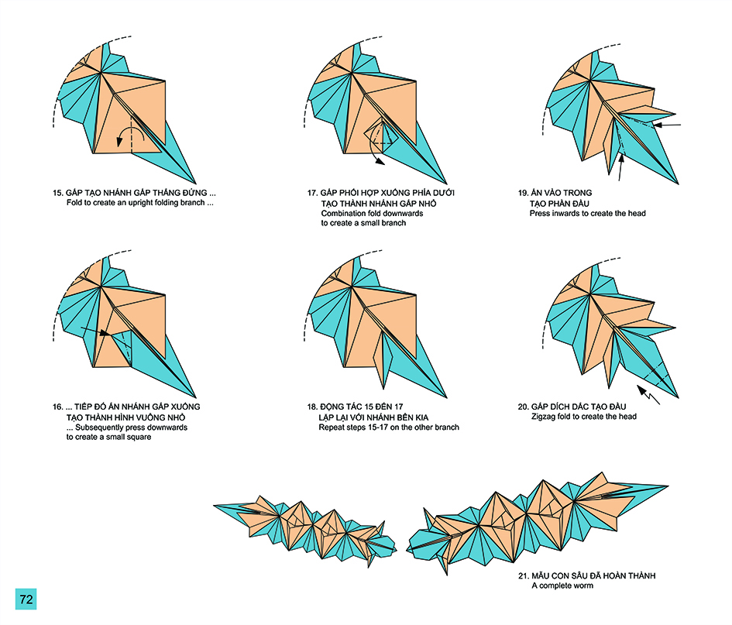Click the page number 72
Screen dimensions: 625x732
(x=26, y=599)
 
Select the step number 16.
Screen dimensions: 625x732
(x=57, y=407)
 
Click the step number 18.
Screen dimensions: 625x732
(x=312, y=407)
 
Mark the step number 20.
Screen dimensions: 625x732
(x=524, y=407)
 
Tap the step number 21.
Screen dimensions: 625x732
(x=524, y=577)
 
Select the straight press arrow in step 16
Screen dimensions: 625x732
(x=95, y=333)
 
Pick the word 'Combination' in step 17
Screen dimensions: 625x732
(x=343, y=213)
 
